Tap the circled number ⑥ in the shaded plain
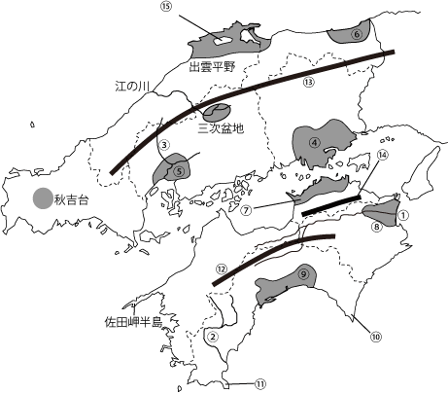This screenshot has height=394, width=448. tap(356, 34)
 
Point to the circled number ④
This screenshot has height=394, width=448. tap(314, 141)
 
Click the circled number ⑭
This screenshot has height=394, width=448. tap(382, 155)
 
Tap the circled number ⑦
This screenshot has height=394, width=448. tap(247, 208)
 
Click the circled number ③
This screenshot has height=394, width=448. tap(165, 145)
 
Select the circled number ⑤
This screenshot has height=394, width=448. tap(180, 169)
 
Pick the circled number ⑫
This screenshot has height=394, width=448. tap(222, 269)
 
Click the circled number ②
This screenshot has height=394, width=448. tap(211, 337)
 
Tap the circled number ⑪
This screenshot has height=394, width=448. tap(259, 383)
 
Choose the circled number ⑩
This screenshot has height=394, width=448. tap(375, 337)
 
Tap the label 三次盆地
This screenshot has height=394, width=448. tap(220, 125)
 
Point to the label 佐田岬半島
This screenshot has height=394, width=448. tap(138, 321)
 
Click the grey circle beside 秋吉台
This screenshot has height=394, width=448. tap(42, 198)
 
